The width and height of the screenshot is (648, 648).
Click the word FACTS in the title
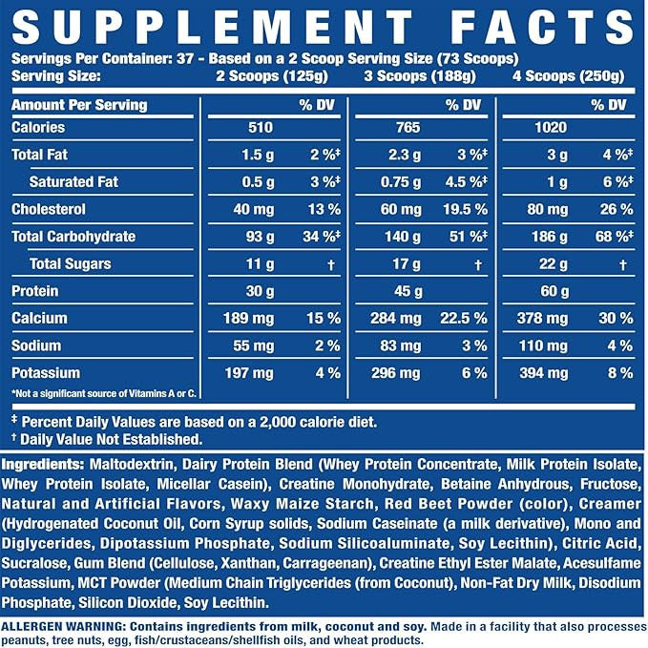542,27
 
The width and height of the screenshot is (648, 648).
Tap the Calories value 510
261,127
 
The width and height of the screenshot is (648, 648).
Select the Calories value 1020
551,127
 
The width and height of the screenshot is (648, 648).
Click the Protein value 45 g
408,291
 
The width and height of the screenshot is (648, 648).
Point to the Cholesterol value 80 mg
547,209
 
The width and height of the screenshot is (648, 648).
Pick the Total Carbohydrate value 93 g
260,237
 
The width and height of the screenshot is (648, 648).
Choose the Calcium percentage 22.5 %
464,318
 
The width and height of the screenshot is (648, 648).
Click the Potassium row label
46,373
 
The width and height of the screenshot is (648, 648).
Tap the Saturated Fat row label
73,182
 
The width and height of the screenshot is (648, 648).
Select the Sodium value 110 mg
543,345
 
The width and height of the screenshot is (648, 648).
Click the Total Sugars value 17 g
407,263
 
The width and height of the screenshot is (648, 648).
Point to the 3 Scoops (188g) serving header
420,76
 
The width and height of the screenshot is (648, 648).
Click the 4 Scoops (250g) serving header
568,76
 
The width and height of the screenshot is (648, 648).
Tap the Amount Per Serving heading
79,105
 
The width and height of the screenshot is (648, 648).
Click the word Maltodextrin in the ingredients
132,464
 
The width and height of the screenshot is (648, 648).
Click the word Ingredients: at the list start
43,465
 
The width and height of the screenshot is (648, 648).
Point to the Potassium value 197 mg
249,373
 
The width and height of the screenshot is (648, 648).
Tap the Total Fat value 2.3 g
405,155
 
